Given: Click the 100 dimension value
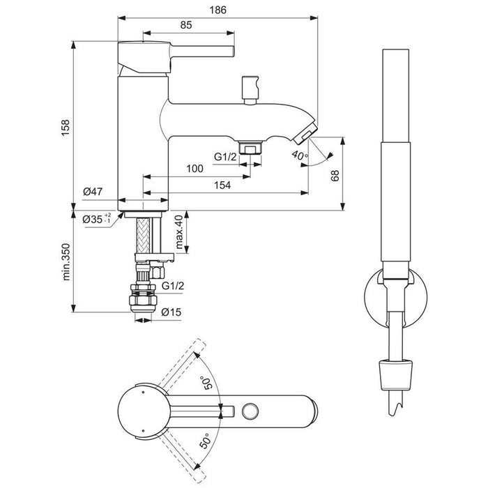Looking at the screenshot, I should tap(195, 169).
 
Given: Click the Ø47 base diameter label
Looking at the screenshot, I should tap(93, 191).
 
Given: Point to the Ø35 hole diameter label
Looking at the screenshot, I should tap(96, 219).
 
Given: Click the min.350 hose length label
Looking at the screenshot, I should tap(65, 261).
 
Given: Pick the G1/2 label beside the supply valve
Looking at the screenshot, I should tap(173, 286).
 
